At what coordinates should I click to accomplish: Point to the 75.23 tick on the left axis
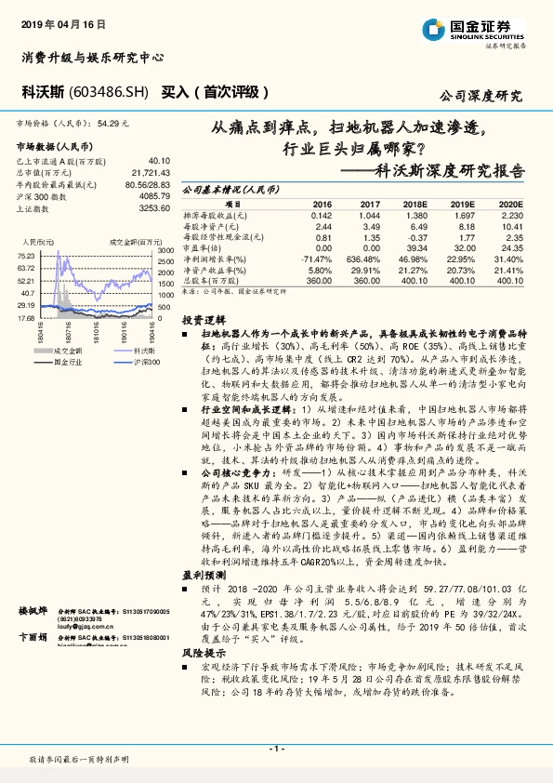pyautogui.click(x=26, y=255)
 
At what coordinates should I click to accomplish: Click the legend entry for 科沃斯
pyautogui.click(x=142, y=351)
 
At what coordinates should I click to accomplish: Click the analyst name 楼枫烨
pyautogui.click(x=33, y=611)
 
